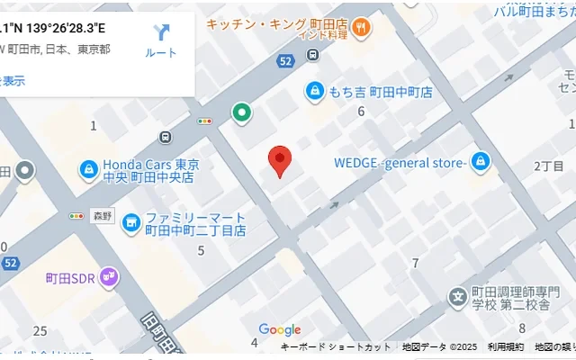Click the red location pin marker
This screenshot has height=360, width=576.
[280, 161]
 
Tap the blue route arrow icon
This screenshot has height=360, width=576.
[161, 33]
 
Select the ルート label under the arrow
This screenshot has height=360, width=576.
[161, 53]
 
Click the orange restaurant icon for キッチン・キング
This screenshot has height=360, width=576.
[361, 27]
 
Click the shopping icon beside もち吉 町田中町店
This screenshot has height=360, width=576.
[315, 91]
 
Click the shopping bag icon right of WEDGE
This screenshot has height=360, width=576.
[481, 161]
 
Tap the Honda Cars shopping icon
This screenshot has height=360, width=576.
[88, 168]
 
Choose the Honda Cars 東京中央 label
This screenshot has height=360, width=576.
[150, 171]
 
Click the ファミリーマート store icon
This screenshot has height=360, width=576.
[130, 220]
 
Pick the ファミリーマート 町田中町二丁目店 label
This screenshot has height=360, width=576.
[196, 224]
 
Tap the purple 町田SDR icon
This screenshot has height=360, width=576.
[109, 275]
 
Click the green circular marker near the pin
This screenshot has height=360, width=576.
[241, 113]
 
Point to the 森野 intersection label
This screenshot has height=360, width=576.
[103, 216]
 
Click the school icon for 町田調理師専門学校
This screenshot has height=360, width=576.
[458, 295]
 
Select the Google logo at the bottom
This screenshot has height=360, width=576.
[280, 330]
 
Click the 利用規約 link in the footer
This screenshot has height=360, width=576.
[506, 347]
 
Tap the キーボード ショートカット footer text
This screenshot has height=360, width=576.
[336, 347]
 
